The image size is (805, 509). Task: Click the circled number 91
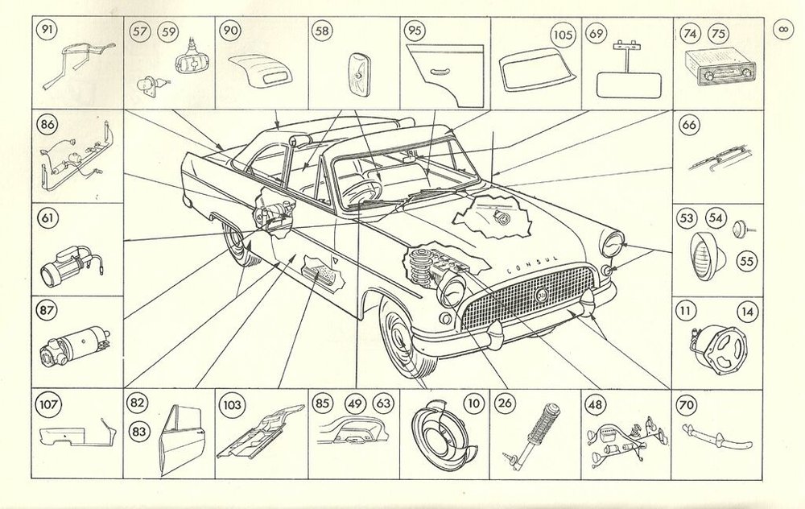click(x=47, y=30)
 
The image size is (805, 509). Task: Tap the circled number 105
click(x=563, y=35)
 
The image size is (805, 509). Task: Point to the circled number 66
click(x=689, y=124)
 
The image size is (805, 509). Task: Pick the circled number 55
click(x=747, y=262)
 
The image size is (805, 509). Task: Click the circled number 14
click(x=748, y=312)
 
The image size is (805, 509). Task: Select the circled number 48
click(x=595, y=403)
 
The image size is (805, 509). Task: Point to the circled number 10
click(x=474, y=403)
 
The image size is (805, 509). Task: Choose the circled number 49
click(x=354, y=403)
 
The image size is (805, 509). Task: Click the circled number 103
click(x=232, y=404)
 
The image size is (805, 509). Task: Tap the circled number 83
click(x=138, y=432)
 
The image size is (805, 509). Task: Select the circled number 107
click(x=49, y=404)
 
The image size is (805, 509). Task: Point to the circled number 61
click(x=47, y=217)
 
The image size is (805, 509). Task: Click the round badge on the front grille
click(x=541, y=295)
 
